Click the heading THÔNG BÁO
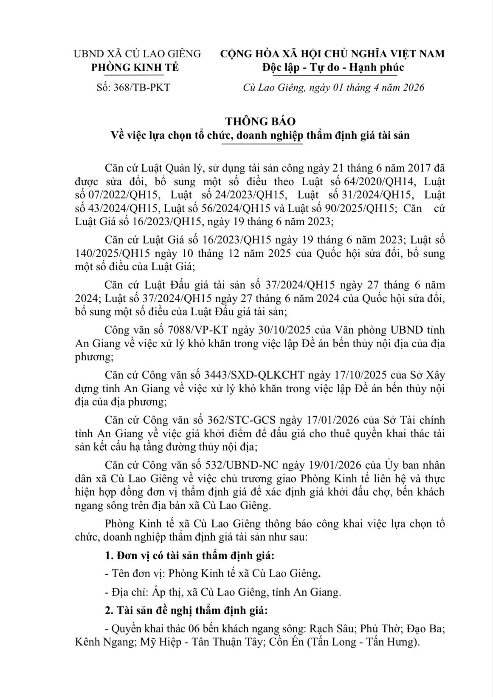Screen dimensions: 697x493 tap(260, 121)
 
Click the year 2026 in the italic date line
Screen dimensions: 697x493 tap(414, 88)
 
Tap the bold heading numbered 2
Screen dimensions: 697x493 tap(186, 611)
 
